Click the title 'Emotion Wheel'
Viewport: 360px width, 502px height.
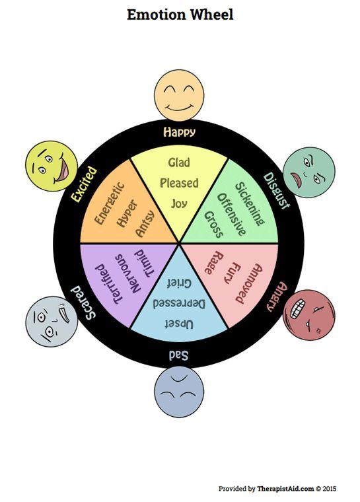click(180, 15)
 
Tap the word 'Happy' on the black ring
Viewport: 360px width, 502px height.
click(179, 132)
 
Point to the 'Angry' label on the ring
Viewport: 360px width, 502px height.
click(277, 296)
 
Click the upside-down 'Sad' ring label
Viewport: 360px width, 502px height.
click(179, 355)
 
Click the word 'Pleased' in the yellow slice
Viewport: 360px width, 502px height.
click(179, 183)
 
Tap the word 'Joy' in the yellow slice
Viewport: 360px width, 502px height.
click(179, 203)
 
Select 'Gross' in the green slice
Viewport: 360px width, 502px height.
click(213, 225)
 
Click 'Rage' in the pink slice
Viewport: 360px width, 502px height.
click(213, 263)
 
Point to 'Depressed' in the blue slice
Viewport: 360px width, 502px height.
click(179, 303)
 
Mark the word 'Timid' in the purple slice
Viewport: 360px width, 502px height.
click(145, 263)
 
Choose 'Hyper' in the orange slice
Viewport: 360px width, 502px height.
click(127, 213)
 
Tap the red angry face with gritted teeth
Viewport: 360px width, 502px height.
click(308, 315)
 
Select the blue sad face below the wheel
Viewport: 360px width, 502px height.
click(179, 392)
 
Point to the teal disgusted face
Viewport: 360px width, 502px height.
click(309, 172)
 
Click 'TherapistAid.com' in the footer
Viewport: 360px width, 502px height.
click(285, 489)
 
